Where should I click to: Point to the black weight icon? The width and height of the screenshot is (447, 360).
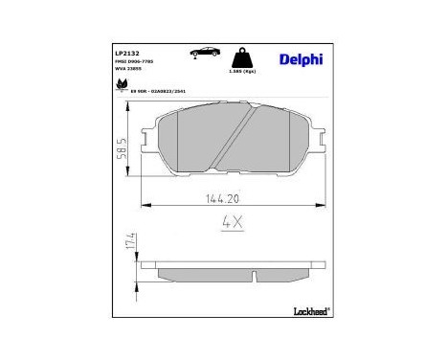coord(244,56)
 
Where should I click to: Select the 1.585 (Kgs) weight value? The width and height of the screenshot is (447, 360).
coord(244,72)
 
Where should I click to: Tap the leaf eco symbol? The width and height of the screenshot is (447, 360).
coord(122,86)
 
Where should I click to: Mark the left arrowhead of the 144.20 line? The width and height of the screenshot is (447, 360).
coord(145,204)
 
